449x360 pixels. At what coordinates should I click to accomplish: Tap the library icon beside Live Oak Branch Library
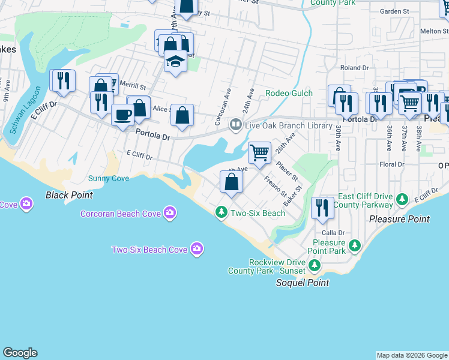pyautogui.click(x=236, y=125)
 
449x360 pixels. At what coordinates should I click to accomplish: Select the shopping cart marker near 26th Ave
pyautogui.click(x=259, y=153)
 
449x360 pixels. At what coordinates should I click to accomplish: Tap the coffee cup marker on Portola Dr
pyautogui.click(x=122, y=114)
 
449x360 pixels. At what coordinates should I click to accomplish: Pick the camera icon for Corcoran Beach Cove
pyautogui.click(x=170, y=213)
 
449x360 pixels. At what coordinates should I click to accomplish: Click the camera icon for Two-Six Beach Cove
pyautogui.click(x=196, y=249)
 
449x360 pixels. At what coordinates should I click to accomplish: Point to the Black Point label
pyautogui.click(x=69, y=195)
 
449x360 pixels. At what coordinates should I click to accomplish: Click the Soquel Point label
pyautogui.click(x=303, y=283)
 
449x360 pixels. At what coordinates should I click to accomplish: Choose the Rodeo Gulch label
pyautogui.click(x=289, y=93)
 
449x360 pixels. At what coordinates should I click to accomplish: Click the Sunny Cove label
pyautogui.click(x=109, y=178)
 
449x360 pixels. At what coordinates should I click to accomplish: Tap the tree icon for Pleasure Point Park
pyautogui.click(x=355, y=245)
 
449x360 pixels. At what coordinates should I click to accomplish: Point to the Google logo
pyautogui.click(x=20, y=353)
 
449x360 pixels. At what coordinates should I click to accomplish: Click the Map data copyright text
pyautogui.click(x=412, y=355)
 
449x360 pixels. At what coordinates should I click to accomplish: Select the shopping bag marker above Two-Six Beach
pyautogui.click(x=231, y=182)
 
